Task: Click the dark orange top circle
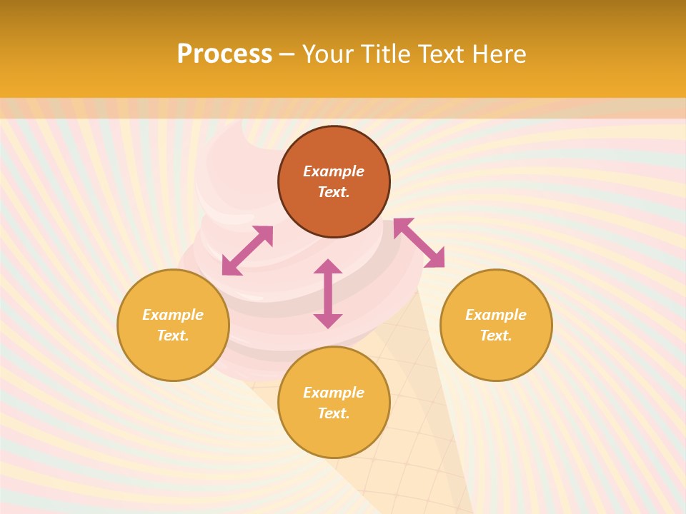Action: pos(334,150)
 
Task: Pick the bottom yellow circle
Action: pos(334,435)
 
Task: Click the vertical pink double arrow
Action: pos(328,293)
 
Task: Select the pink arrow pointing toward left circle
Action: pos(247,251)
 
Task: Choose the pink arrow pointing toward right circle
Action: pos(419,243)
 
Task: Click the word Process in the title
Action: pos(224,54)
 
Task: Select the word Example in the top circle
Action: pos(334,171)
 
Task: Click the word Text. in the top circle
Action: pos(334,192)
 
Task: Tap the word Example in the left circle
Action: pos(173,315)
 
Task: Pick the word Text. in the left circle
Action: pos(173,336)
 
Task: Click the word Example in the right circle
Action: pos(496,315)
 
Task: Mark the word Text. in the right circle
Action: pos(496,336)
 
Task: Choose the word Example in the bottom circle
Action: pos(334,393)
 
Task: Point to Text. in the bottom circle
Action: pos(334,413)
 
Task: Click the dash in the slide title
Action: pos(287,55)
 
